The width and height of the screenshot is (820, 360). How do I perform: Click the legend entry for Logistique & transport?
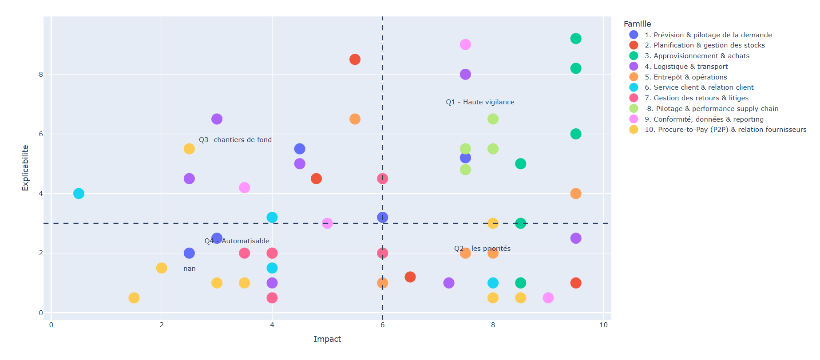pyautogui.click(x=686, y=67)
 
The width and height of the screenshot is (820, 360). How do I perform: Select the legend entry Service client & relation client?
pyautogui.click(x=699, y=87)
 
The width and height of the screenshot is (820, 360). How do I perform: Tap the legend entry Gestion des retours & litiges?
pyautogui.click(x=696, y=98)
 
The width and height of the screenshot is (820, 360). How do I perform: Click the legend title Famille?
pyautogui.click(x=637, y=24)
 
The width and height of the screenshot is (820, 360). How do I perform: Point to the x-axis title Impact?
pyautogui.click(x=327, y=339)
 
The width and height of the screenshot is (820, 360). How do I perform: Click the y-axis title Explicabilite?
pyautogui.click(x=25, y=168)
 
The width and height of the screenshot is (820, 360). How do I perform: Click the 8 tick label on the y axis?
pyautogui.click(x=41, y=75)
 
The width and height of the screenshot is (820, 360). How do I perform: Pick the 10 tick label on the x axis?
pyautogui.click(x=603, y=325)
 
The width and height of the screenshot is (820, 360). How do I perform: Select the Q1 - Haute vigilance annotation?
pyautogui.click(x=480, y=102)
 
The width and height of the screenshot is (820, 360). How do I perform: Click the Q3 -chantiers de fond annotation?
pyautogui.click(x=235, y=140)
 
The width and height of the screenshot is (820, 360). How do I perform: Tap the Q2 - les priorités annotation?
pyautogui.click(x=482, y=249)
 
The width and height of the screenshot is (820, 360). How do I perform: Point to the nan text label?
pyautogui.click(x=190, y=269)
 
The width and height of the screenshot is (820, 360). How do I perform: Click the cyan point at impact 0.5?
pyautogui.click(x=79, y=194)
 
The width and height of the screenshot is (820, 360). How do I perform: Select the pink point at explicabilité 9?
pyautogui.click(x=465, y=44)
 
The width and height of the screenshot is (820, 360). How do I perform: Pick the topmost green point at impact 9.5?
pyautogui.click(x=576, y=39)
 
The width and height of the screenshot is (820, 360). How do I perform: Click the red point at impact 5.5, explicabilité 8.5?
pyautogui.click(x=355, y=59)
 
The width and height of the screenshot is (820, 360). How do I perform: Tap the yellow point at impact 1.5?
pyautogui.click(x=134, y=298)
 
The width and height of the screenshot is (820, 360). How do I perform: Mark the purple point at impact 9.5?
pyautogui.click(x=576, y=238)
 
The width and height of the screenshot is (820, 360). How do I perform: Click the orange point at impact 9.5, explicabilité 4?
pyautogui.click(x=576, y=194)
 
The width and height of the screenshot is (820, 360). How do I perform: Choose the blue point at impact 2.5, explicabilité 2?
pyautogui.click(x=189, y=253)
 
